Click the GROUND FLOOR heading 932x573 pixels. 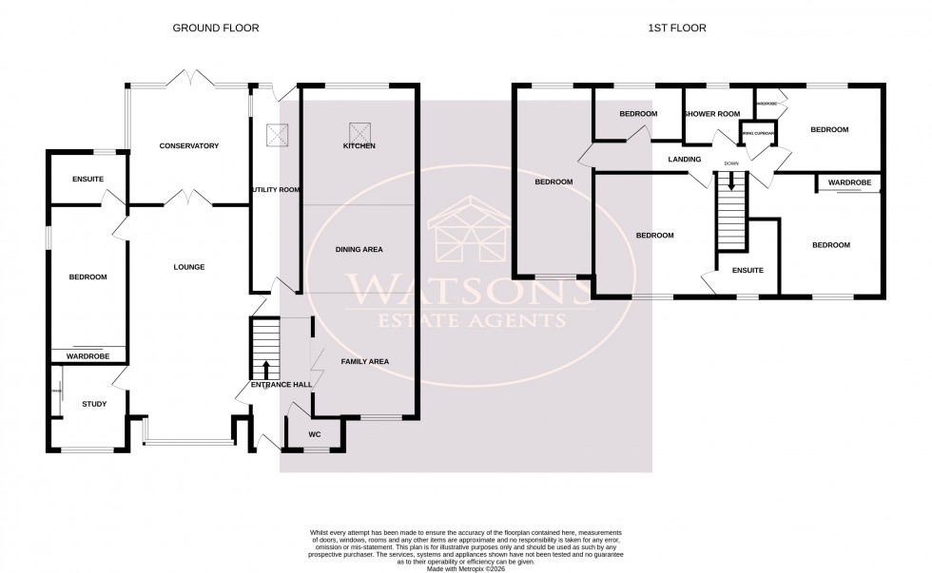(215, 29)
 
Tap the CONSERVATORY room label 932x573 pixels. (189, 146)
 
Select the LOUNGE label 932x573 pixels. (189, 267)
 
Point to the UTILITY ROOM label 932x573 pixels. (276, 190)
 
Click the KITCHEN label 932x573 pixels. (359, 146)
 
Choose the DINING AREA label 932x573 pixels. (359, 250)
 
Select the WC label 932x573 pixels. (316, 435)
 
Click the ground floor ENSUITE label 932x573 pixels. (87, 180)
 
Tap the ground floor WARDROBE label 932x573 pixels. (87, 356)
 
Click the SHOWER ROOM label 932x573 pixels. (713, 114)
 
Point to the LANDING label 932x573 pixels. (685, 160)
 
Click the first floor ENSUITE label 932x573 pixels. (748, 270)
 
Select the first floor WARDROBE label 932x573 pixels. (850, 182)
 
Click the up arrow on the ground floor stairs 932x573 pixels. (266, 369)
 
